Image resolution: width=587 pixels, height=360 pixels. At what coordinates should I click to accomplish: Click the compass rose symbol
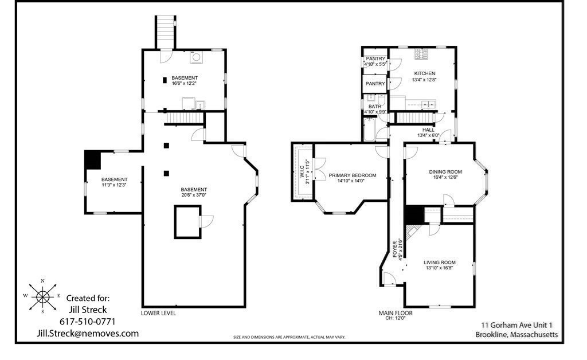[42, 296]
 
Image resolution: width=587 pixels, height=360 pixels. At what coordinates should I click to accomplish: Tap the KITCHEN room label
[424, 73]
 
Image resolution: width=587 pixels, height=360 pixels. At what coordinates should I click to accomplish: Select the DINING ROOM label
[445, 171]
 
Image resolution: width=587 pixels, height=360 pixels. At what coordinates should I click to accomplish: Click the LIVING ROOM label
[440, 262]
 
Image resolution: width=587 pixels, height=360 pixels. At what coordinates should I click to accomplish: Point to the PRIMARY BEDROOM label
[353, 175]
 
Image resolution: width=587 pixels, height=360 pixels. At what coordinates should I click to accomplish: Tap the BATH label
[375, 107]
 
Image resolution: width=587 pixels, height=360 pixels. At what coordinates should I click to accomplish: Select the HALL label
[428, 130]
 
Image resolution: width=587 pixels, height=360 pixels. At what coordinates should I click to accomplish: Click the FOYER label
[395, 249]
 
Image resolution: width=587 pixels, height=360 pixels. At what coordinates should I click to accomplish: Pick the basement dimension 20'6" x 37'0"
[194, 195]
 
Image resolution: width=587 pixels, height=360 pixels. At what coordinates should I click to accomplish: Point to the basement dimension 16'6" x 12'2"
[185, 84]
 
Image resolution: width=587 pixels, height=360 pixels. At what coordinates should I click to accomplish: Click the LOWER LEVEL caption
[158, 314]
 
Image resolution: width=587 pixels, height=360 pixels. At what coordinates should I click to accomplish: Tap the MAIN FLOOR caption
[395, 313]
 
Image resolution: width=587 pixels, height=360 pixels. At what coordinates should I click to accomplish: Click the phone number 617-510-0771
[88, 322]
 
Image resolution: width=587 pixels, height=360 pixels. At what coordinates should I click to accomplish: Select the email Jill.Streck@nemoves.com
[87, 334]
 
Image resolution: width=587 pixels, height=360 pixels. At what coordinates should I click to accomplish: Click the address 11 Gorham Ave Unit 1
[516, 324]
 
